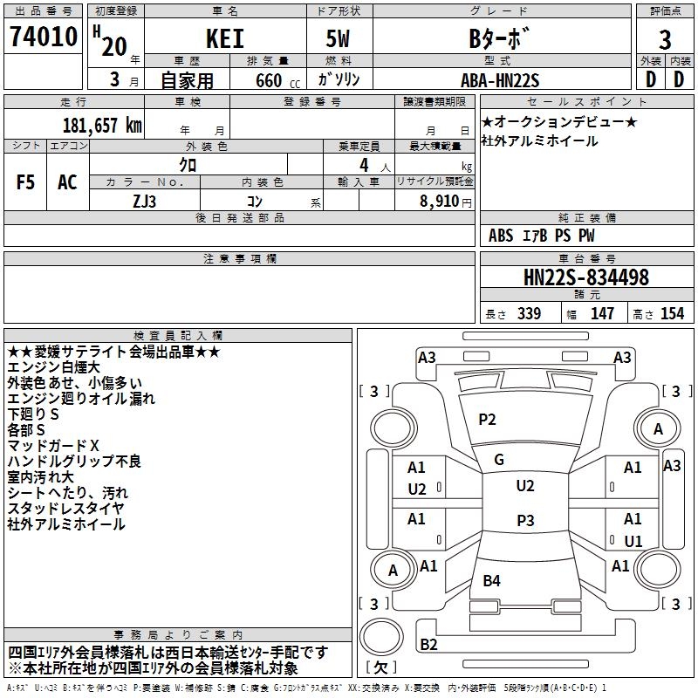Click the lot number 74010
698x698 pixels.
tap(44, 37)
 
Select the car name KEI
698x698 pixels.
tap(225, 38)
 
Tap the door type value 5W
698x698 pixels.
tap(338, 38)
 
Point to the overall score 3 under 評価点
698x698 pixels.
tap(665, 39)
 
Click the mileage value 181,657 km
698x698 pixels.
tap(102, 126)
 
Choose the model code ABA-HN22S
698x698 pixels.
tap(500, 80)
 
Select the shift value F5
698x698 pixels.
tap(25, 182)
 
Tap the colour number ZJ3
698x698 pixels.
tap(145, 202)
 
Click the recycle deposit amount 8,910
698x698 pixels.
tap(440, 201)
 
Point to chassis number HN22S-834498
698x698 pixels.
tap(586, 277)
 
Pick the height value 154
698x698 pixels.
tap(672, 313)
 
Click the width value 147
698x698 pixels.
tap(602, 313)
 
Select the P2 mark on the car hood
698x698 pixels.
tap(487, 420)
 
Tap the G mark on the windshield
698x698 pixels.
tap(499, 459)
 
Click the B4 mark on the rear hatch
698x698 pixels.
tap(491, 580)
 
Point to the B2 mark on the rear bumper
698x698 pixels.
tap(428, 644)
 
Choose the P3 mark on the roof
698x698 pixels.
tap(525, 520)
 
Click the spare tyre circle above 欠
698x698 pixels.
tap(381, 637)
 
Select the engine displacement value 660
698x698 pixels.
tap(269, 80)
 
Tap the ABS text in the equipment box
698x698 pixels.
tap(501, 236)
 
